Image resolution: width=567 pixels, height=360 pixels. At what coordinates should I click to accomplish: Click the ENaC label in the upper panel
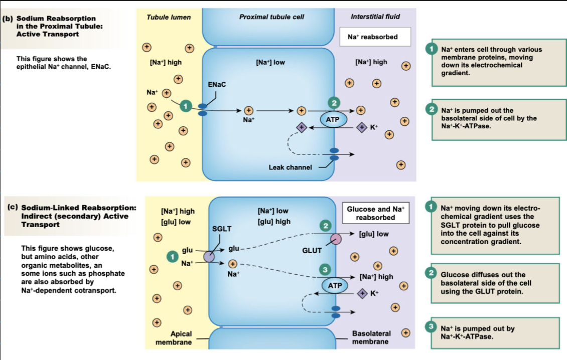217,84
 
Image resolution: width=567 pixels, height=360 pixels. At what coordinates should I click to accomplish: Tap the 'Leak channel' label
290,167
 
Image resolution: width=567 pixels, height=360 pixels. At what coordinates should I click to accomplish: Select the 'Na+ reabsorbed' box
372,37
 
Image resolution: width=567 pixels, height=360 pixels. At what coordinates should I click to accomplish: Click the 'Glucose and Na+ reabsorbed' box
375,213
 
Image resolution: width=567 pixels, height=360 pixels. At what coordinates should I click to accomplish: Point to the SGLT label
222,229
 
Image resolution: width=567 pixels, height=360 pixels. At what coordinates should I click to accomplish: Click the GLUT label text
312,250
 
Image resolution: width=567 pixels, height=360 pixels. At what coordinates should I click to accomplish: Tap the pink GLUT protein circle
335,239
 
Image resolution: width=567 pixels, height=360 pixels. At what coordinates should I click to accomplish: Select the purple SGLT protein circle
209,257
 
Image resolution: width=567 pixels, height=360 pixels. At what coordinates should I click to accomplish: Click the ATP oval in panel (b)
333,119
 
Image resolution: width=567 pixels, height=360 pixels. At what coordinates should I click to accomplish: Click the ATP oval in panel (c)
335,285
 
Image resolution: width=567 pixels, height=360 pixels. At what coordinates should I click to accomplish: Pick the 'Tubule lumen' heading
169,17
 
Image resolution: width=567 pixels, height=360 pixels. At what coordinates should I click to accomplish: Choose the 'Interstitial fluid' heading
375,17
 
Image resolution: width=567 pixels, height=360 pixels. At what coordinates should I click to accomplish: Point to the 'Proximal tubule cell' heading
272,17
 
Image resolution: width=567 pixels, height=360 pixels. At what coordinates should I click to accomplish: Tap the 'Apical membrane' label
174,337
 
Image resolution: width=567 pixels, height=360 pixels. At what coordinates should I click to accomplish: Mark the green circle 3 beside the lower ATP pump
325,270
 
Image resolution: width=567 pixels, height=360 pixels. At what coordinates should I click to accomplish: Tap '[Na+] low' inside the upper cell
270,62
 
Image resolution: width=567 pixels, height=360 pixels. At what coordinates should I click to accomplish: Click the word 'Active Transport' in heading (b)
48,34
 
